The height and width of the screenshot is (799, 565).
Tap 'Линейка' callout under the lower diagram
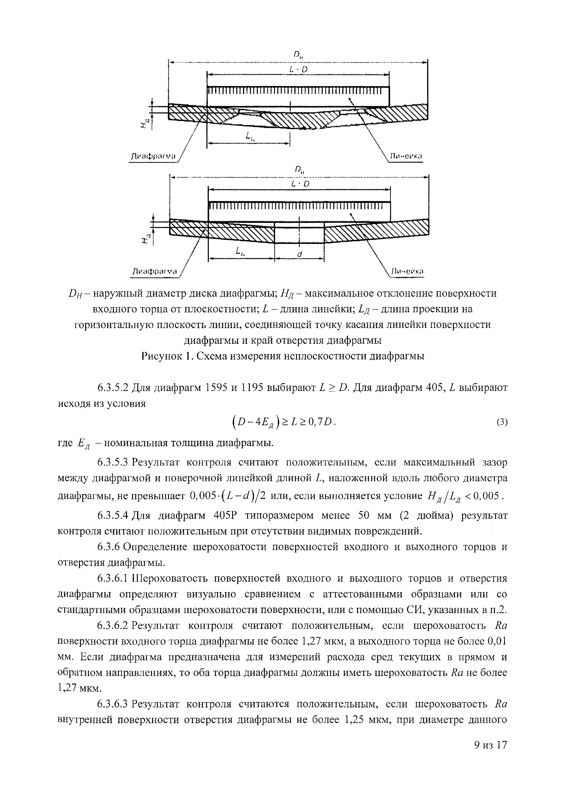407,271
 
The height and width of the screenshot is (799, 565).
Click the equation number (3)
502,422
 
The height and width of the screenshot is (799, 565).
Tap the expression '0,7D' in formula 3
323,422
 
